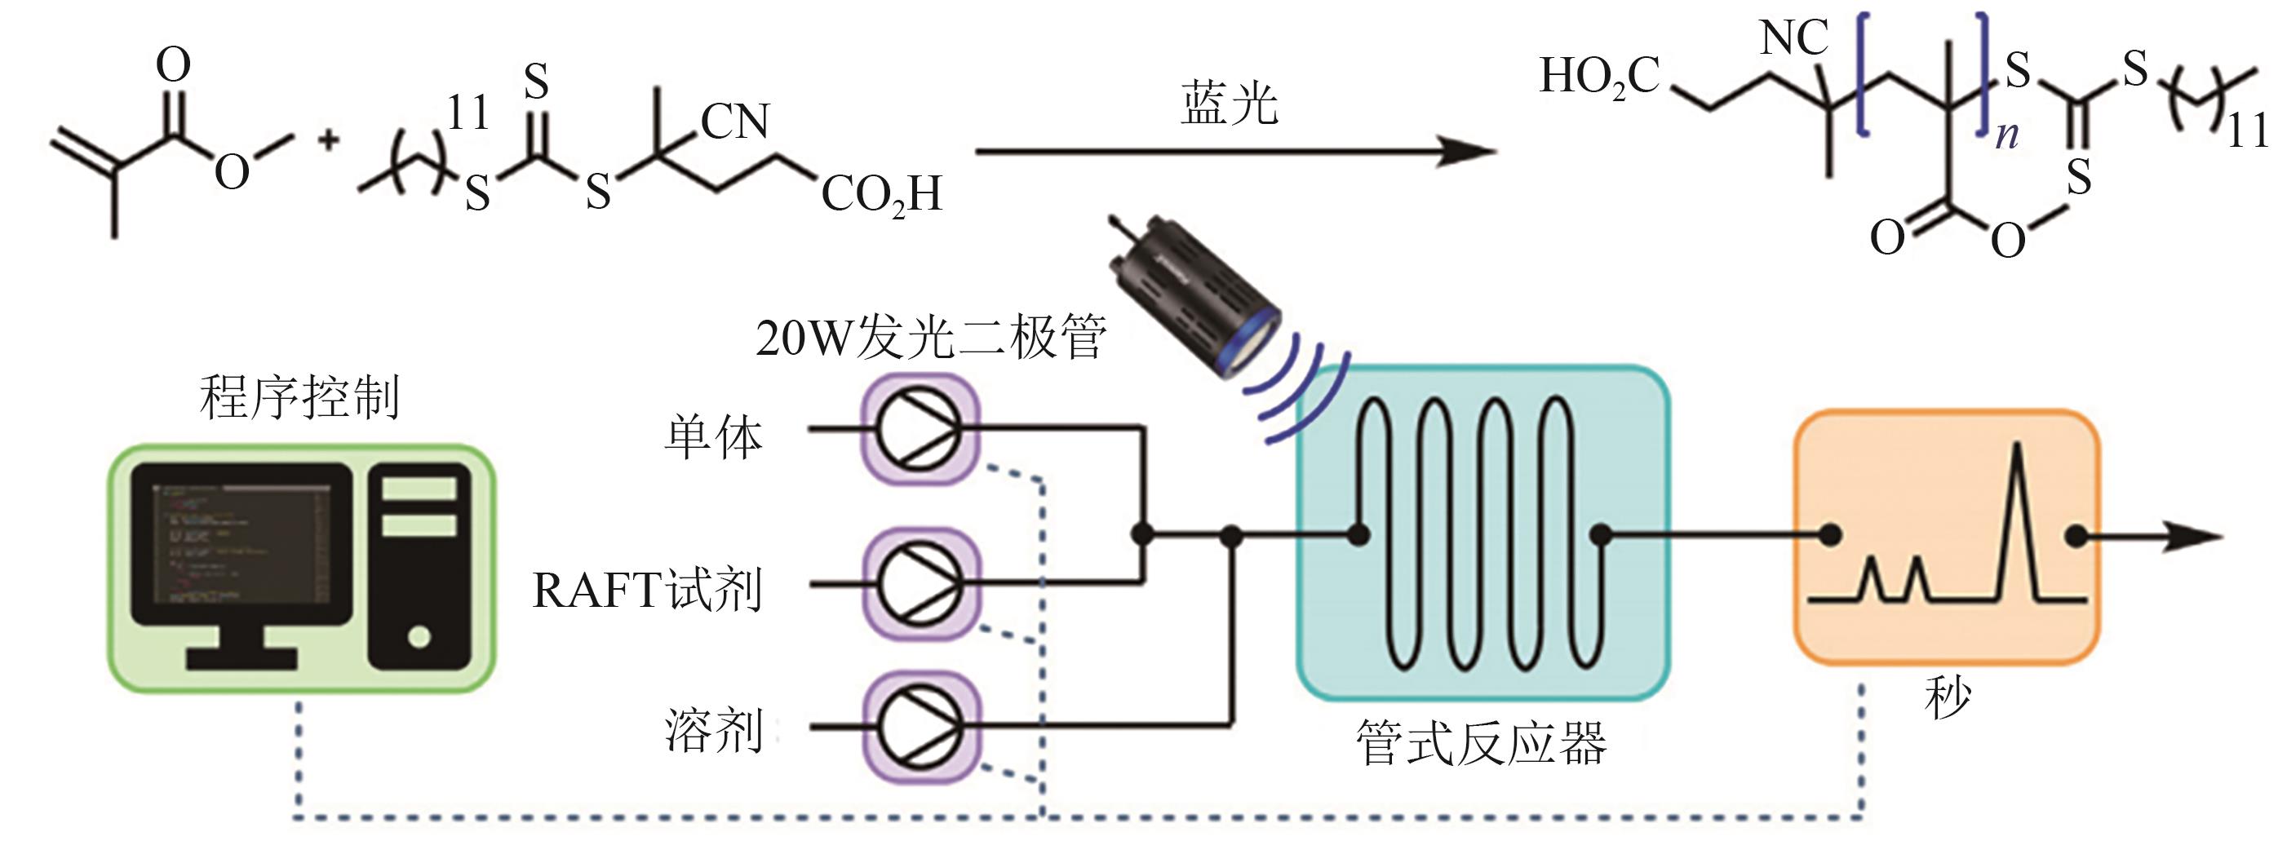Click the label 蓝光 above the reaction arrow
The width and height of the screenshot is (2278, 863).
coord(1230,105)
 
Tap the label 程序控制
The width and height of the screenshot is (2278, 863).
coord(299,397)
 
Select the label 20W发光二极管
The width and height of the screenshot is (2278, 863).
coord(930,338)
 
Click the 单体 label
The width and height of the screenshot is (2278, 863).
coord(713,437)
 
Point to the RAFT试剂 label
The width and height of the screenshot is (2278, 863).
coord(646,590)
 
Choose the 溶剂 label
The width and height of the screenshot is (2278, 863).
coord(713,731)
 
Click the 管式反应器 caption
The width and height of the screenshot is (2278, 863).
coord(1480,744)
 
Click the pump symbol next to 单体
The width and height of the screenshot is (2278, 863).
coord(920,430)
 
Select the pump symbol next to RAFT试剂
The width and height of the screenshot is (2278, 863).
coord(920,583)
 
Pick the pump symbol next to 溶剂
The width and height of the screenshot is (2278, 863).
coord(920,727)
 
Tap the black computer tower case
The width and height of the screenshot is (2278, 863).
coord(419,566)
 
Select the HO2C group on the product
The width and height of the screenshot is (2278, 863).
coord(1599,77)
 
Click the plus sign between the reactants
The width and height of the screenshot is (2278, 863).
coord(329,139)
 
